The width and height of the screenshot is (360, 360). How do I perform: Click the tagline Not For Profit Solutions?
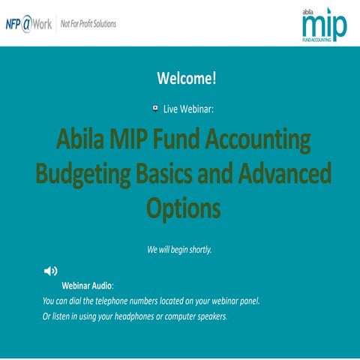(88, 24)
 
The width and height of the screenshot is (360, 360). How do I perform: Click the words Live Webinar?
(188, 109)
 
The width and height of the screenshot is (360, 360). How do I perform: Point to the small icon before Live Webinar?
(154, 108)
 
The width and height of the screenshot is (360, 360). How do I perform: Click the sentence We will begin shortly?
(179, 249)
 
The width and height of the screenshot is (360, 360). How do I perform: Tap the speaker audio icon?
(51, 271)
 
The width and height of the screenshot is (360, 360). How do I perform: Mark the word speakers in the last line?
(209, 316)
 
